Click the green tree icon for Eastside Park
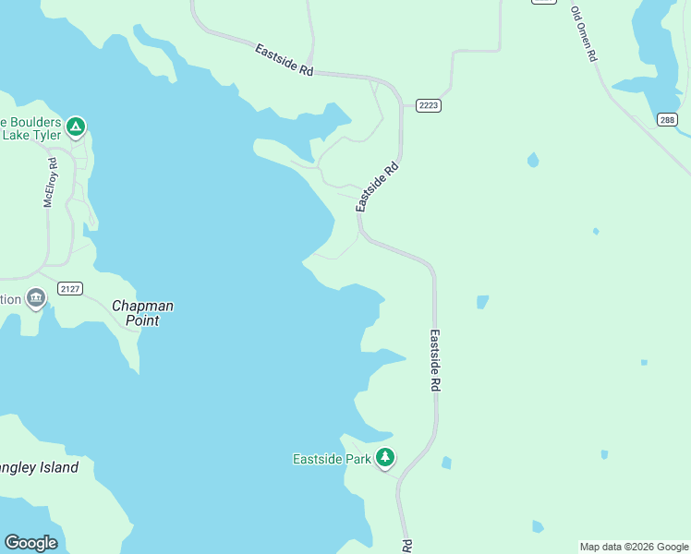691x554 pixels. click(x=385, y=457)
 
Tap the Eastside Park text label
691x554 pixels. click(x=332, y=459)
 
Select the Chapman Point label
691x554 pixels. click(x=142, y=313)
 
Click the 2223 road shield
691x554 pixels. click(x=428, y=105)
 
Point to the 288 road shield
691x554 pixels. click(x=668, y=120)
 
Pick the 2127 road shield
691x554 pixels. click(x=70, y=289)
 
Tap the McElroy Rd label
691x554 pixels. click(x=51, y=182)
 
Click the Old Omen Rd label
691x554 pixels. click(x=584, y=34)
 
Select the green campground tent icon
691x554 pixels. click(x=76, y=126)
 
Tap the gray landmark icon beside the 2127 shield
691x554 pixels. click(x=36, y=297)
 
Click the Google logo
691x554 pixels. click(x=30, y=543)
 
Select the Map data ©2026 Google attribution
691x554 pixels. click(x=633, y=547)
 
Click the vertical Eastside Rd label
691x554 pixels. click(x=434, y=361)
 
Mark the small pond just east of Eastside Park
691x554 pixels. click(x=446, y=463)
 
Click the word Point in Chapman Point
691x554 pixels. click(x=143, y=320)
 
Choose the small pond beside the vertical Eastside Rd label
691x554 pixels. click(x=482, y=302)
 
